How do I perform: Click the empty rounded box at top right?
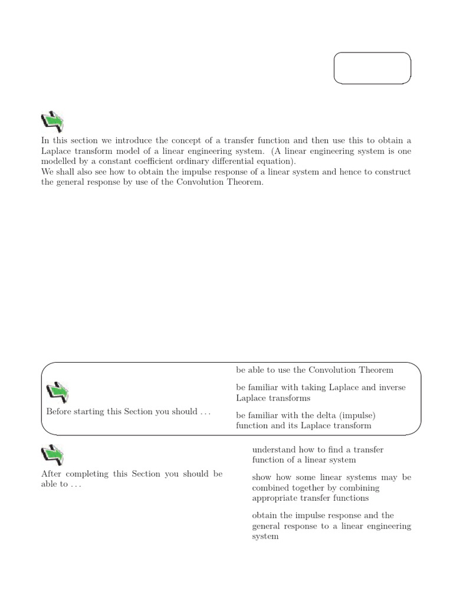pos(372,69)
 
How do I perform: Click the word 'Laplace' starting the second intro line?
pos(57,151)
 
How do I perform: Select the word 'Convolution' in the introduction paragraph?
pos(211,182)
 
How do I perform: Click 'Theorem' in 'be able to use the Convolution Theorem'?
pos(373,370)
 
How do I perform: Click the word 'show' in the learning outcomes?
pos(262,477)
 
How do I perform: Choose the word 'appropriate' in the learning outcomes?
pos(275,498)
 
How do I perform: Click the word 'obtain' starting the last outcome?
pos(264,516)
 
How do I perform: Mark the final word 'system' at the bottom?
pos(265,537)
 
